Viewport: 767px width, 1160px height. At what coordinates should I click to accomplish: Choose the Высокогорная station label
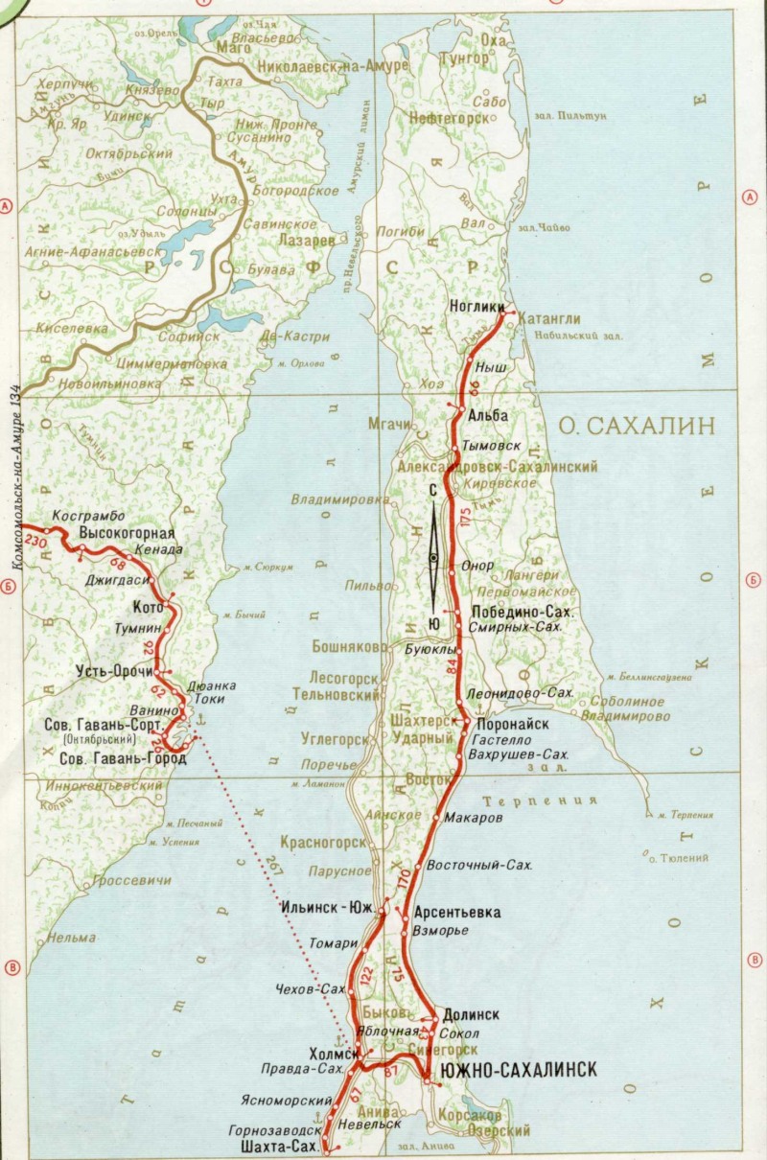click(x=126, y=533)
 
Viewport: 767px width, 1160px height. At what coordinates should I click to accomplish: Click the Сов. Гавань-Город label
click(x=114, y=758)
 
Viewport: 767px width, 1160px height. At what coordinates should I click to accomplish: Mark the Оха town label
click(x=492, y=41)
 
